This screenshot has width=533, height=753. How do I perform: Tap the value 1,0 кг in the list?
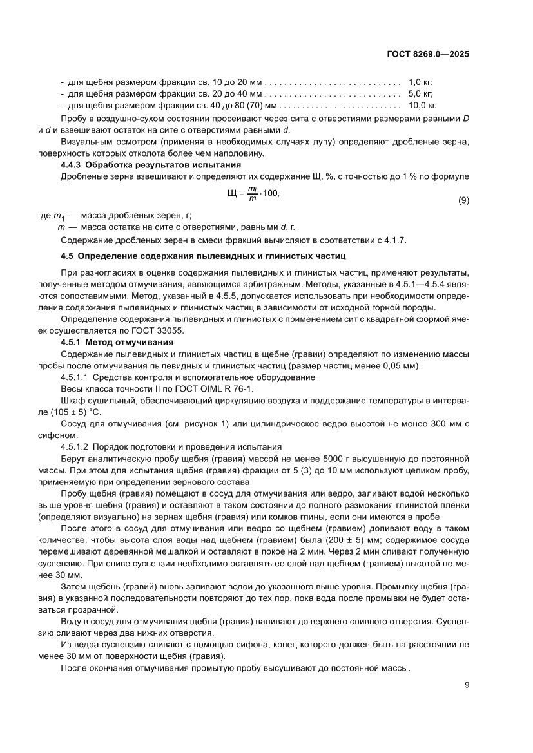420,83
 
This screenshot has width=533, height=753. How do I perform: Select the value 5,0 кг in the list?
420,94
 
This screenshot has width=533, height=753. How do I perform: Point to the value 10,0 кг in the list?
423,105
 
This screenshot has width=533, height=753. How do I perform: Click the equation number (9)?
463,200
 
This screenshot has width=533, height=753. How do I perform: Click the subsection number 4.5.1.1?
75,377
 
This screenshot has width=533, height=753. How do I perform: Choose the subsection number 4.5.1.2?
75,447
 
